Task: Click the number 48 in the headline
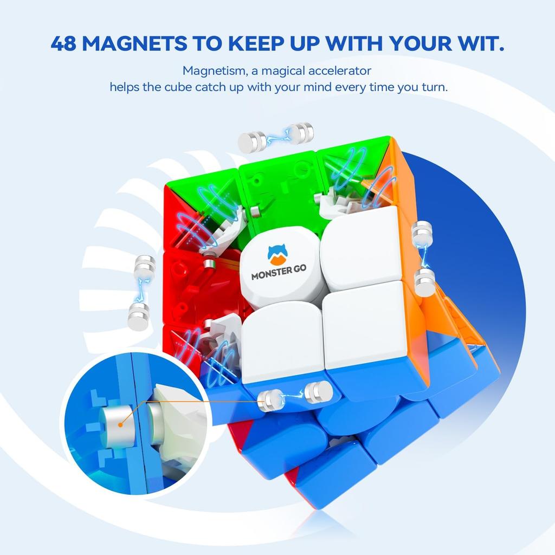(x=64, y=43)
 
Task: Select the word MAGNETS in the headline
(x=137, y=43)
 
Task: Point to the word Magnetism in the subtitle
(x=208, y=70)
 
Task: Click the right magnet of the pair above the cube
(x=301, y=133)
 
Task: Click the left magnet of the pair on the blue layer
(x=270, y=400)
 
